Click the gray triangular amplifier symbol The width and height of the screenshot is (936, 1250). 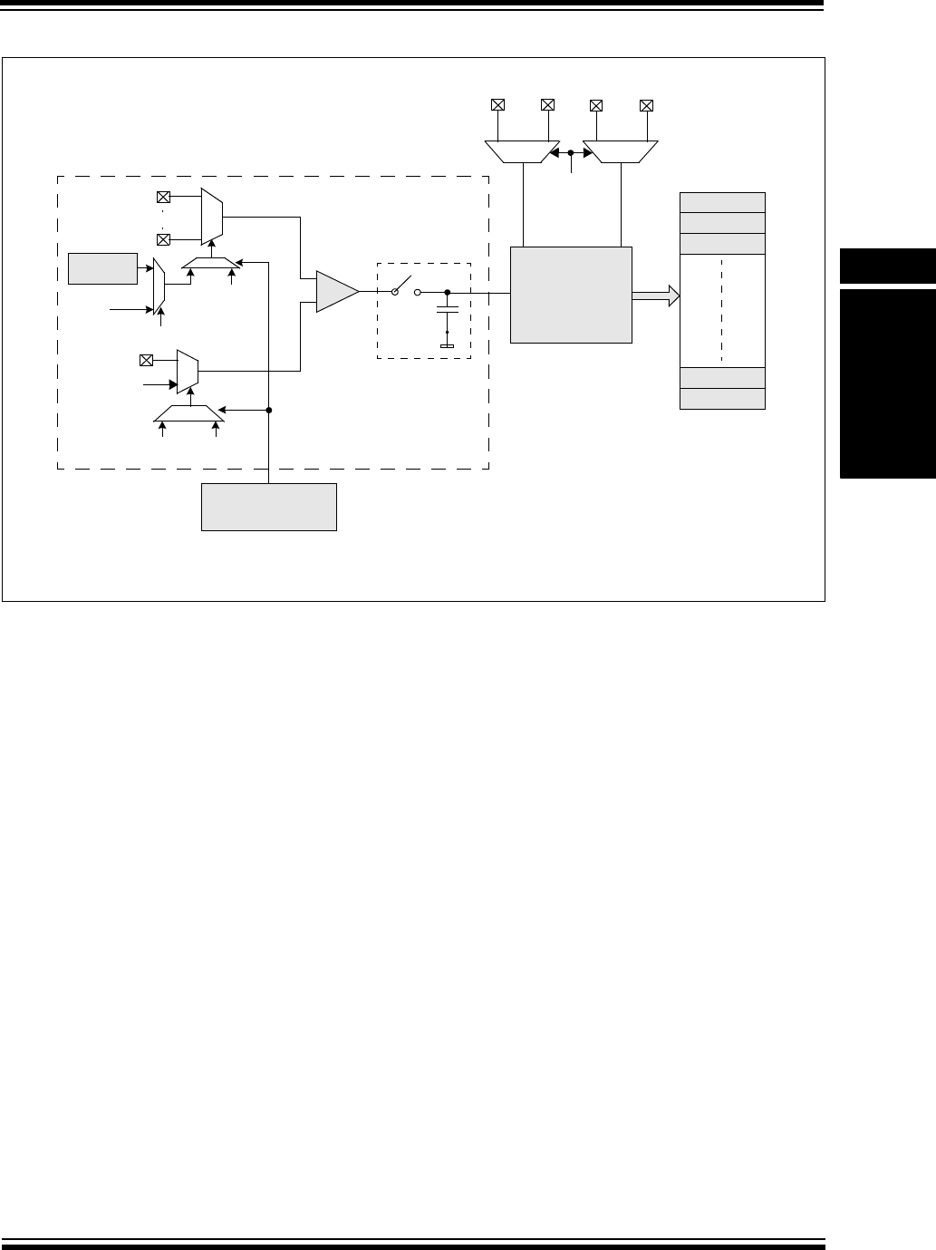pyautogui.click(x=335, y=292)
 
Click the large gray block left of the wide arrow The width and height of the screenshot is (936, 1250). pyautogui.click(x=571, y=295)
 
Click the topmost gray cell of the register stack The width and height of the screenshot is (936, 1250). pyautogui.click(x=722, y=202)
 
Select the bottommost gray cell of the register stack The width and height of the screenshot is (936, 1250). pyautogui.click(x=722, y=399)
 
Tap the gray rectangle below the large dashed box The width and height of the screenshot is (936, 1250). pyautogui.click(x=269, y=507)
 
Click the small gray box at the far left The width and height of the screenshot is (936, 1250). pyautogui.click(x=102, y=269)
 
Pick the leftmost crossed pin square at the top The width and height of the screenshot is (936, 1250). pyautogui.click(x=497, y=105)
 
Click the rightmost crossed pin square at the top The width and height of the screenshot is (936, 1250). pyautogui.click(x=646, y=105)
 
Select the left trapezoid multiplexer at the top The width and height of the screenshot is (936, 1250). pyautogui.click(x=523, y=151)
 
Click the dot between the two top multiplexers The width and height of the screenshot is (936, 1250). pyautogui.click(x=571, y=154)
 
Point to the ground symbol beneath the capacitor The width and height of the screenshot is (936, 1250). pyautogui.click(x=447, y=345)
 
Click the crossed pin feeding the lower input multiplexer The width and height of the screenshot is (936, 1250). pyautogui.click(x=145, y=360)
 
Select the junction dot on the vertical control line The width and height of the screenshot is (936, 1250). pyautogui.click(x=269, y=410)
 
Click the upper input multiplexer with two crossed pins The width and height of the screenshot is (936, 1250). pyautogui.click(x=211, y=218)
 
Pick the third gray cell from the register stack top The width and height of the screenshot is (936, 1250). pyautogui.click(x=722, y=244)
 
